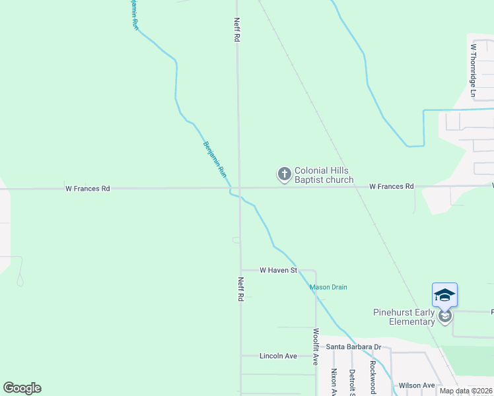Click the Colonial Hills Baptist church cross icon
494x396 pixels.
pos(284,174)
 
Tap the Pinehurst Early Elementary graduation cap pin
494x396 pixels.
pos(444,295)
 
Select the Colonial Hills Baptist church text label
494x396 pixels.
pos(324,175)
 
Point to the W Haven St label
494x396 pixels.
pos(279,270)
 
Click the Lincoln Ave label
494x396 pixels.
pos(277,356)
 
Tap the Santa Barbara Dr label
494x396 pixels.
pos(354,346)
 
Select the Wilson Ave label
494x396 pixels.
pos(416,385)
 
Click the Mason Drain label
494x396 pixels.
pos(328,287)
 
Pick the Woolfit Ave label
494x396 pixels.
pos(316,347)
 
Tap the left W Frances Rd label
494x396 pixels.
pos(87,189)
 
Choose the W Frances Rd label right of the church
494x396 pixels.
pos(391,187)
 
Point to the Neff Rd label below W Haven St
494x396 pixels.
pos(240,289)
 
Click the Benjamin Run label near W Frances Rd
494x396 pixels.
pos(215,160)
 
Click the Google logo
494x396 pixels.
pos(22,388)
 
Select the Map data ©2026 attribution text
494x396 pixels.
pos(466,391)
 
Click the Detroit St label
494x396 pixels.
pos(353,381)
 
